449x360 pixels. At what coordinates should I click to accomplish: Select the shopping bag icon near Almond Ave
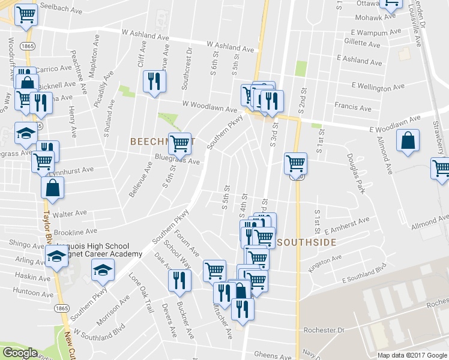408,142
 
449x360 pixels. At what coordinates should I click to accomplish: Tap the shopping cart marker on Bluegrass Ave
179,143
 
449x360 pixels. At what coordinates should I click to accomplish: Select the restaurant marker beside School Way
179,280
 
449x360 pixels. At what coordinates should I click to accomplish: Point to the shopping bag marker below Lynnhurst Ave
53,187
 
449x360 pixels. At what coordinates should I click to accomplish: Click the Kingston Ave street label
324,262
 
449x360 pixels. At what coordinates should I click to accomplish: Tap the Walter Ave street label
70,213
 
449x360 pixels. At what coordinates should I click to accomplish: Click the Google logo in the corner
20,353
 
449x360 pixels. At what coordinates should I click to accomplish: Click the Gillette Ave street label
363,44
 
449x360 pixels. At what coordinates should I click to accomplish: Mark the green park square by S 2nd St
301,68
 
